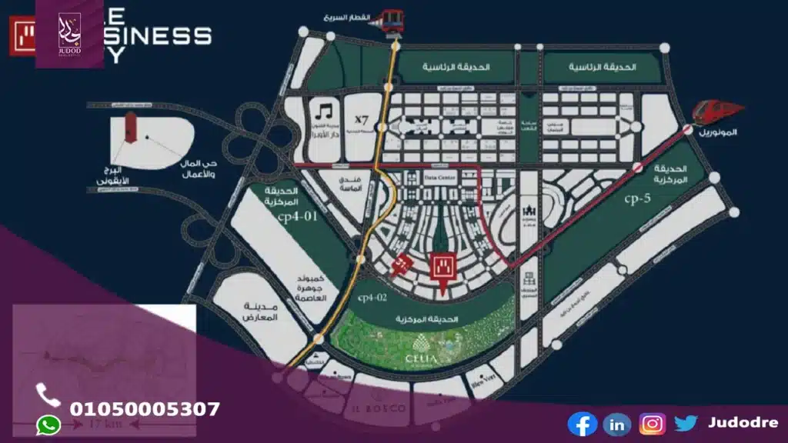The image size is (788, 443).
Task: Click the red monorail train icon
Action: (x=713, y=113)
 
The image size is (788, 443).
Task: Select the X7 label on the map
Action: (x=362, y=120)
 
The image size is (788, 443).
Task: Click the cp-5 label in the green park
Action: (x=638, y=199)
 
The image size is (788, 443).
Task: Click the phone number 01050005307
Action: (x=145, y=409)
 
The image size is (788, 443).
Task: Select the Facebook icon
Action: (x=583, y=424)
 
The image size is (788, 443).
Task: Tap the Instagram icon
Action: (x=652, y=424)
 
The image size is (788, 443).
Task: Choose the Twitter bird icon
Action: (x=686, y=423)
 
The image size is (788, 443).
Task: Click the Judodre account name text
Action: (x=743, y=423)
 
